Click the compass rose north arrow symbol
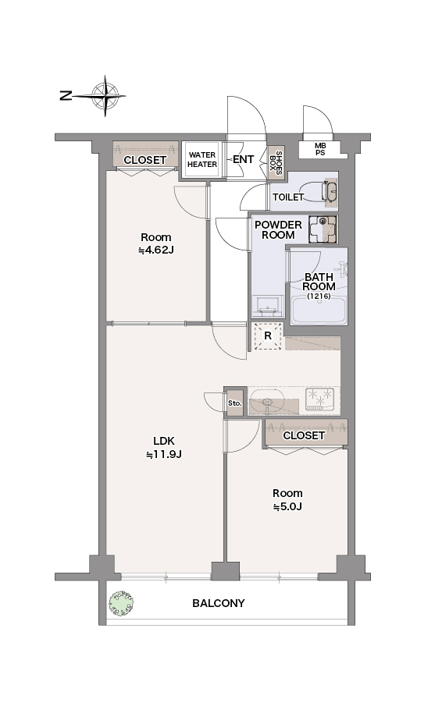(x=105, y=96)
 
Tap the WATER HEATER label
(x=202, y=160)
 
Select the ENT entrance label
(x=244, y=159)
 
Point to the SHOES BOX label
(x=276, y=162)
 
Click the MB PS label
(x=320, y=149)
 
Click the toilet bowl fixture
(x=326, y=191)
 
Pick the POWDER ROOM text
(x=278, y=229)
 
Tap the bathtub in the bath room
(x=319, y=310)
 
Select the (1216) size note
(x=319, y=296)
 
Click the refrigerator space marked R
(x=268, y=336)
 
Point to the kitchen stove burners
(x=320, y=399)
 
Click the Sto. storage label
(x=235, y=403)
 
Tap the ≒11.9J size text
(x=164, y=455)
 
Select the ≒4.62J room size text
(x=156, y=250)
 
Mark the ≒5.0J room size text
(x=287, y=506)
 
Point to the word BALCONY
(x=219, y=603)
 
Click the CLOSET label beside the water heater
(x=144, y=160)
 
